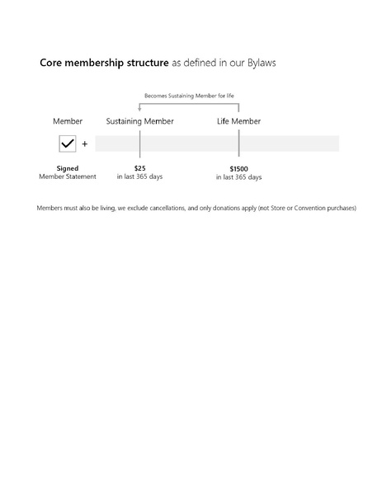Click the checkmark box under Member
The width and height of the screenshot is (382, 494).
68,143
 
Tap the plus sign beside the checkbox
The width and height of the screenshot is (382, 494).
84,144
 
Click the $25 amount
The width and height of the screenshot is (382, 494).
139,168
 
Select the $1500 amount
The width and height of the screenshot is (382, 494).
238,169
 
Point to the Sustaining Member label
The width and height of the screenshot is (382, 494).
139,121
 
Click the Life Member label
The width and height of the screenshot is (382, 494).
238,121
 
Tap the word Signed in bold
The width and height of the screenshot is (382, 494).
68,168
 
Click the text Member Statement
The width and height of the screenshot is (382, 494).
68,176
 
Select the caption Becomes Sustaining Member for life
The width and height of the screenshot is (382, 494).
189,96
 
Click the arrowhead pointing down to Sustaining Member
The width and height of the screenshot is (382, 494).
139,109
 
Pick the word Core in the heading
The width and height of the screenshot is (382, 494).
50,63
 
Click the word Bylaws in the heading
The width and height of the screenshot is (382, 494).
262,63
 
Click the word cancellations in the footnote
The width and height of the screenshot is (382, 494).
167,208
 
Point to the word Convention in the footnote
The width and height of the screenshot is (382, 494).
309,208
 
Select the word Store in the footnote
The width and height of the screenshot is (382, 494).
278,208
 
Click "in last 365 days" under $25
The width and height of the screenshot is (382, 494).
139,176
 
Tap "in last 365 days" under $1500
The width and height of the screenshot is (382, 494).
238,177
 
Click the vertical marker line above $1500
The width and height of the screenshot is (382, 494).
238,143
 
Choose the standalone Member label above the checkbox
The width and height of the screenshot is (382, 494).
68,121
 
